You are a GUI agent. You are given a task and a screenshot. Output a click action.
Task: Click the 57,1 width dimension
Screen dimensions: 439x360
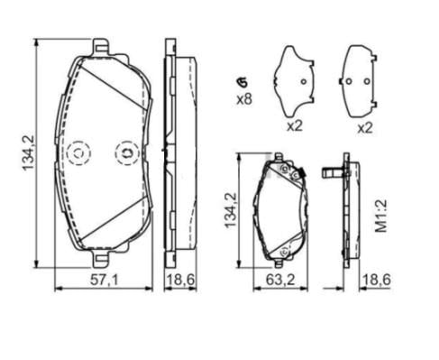[105, 281]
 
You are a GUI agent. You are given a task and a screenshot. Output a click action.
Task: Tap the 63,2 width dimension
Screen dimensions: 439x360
[280, 281]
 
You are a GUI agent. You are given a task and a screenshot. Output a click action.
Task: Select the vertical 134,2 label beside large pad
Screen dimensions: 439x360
[29, 153]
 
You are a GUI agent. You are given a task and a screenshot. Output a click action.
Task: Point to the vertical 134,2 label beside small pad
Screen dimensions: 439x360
[231, 210]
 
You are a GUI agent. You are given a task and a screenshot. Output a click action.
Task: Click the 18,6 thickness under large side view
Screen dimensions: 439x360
[180, 281]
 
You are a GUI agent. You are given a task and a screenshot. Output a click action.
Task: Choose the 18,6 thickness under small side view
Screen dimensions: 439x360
[377, 281]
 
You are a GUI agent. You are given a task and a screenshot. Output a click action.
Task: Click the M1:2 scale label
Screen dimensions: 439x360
[381, 217]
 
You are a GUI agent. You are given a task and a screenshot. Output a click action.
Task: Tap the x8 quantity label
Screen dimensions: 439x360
[244, 99]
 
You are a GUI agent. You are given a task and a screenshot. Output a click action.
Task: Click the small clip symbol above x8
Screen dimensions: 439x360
[242, 82]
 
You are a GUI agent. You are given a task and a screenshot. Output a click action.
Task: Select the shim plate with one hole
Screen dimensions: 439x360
[295, 81]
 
